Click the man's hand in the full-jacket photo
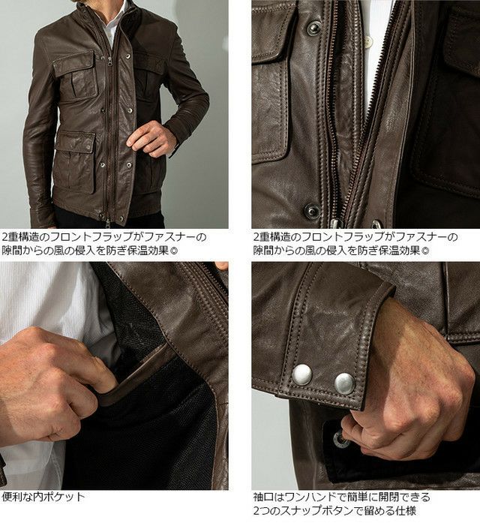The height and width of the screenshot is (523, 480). (x=153, y=139)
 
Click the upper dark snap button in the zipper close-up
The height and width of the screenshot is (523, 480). (x=313, y=28)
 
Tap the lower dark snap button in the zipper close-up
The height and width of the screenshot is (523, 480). (x=312, y=211)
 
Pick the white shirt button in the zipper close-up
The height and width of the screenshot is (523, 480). (x=369, y=42)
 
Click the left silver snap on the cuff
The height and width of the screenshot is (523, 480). (x=301, y=374)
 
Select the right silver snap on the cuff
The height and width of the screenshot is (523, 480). (x=345, y=383)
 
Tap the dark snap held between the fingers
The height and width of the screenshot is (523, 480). (x=342, y=440)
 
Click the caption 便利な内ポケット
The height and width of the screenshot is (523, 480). (x=43, y=496)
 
